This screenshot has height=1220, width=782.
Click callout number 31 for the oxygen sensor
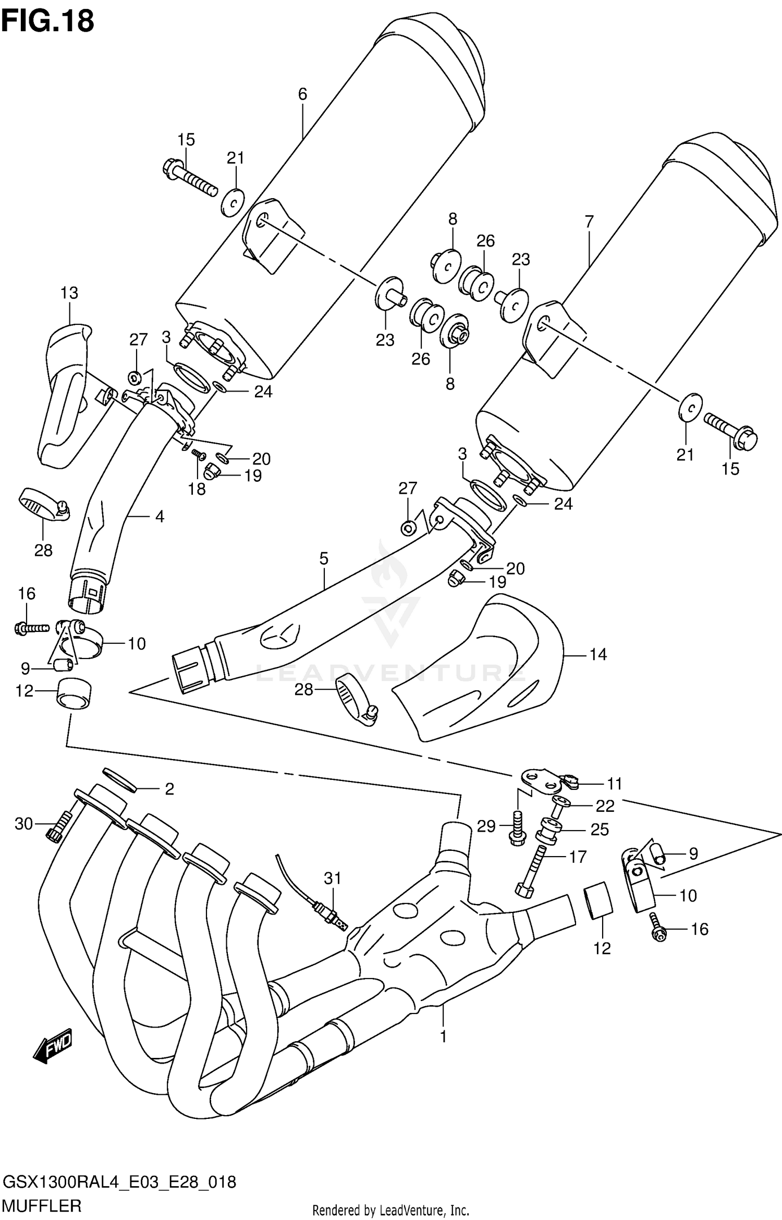[x=333, y=879]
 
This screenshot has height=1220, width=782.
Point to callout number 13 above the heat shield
[x=69, y=293]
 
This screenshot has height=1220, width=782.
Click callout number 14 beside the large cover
[x=598, y=654]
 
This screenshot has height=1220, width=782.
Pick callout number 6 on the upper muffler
[x=302, y=94]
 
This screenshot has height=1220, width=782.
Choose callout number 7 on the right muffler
[x=589, y=222]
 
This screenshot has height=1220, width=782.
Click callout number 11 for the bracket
[x=615, y=784]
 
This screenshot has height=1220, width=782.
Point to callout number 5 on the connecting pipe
[x=324, y=559]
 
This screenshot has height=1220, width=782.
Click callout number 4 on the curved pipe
[x=160, y=517]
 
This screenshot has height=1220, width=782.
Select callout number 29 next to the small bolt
[x=486, y=826]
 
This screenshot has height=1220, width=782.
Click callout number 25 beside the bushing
[x=600, y=829]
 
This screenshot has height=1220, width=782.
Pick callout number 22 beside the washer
[x=605, y=806]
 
